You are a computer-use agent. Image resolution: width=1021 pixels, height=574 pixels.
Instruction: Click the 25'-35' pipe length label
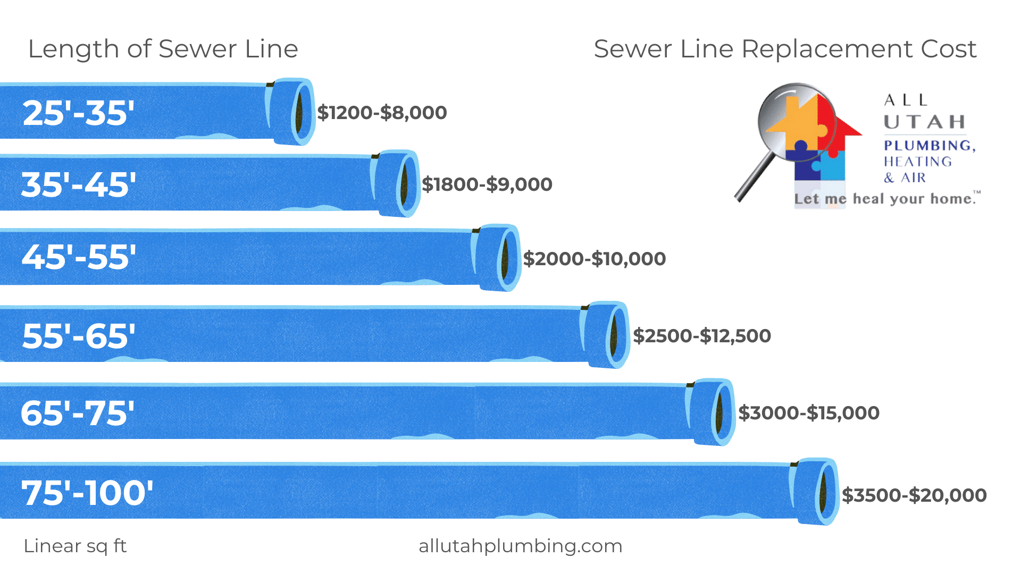click(78, 113)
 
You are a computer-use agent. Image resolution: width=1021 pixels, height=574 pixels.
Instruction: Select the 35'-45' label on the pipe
click(78, 185)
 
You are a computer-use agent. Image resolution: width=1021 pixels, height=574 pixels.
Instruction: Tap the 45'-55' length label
click(79, 257)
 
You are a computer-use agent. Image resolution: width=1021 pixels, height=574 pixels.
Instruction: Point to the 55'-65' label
click(79, 336)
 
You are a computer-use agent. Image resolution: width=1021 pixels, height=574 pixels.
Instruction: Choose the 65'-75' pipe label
click(78, 413)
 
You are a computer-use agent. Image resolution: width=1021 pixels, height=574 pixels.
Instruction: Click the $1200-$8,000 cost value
click(382, 113)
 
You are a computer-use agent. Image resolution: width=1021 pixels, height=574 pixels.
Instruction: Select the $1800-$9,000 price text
click(487, 184)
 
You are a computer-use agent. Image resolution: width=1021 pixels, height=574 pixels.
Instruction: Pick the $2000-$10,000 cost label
click(594, 259)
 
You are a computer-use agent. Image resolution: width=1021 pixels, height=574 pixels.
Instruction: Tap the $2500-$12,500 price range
click(702, 336)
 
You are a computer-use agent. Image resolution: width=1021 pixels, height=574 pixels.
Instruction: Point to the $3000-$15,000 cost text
click(809, 413)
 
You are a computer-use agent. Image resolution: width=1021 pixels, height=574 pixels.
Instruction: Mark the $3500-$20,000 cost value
click(914, 495)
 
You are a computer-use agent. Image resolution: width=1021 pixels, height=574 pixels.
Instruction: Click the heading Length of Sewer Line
click(163, 49)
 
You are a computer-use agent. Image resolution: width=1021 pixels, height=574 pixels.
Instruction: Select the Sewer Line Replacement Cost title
click(785, 49)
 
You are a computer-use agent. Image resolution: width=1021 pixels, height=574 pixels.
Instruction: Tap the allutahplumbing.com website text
click(520, 546)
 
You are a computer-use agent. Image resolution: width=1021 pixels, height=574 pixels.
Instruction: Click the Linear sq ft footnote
click(75, 546)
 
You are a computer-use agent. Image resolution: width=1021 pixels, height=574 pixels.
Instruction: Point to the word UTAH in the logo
click(925, 122)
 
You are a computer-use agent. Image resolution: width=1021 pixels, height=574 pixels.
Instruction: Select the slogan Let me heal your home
click(886, 199)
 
